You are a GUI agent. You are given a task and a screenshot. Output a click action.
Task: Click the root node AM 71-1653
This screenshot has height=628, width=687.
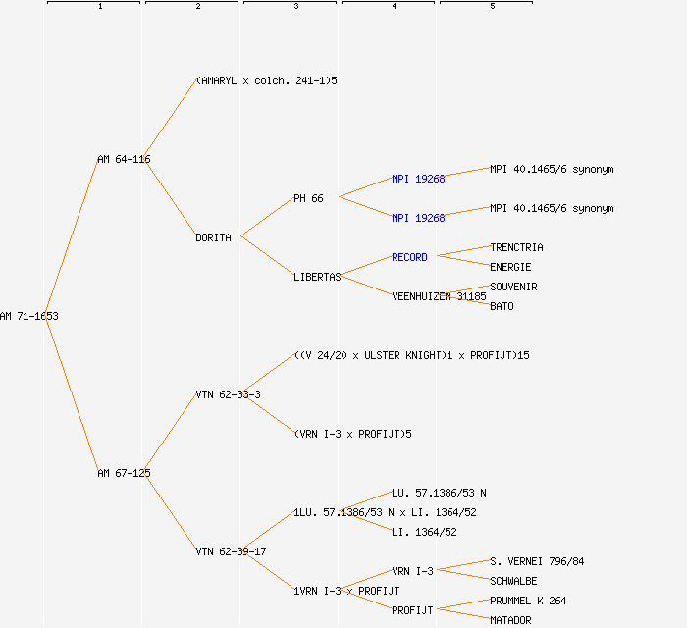tap(29, 316)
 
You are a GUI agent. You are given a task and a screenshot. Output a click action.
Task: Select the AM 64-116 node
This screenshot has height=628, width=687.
tap(124, 159)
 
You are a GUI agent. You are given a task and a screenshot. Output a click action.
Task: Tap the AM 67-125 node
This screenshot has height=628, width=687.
tap(124, 473)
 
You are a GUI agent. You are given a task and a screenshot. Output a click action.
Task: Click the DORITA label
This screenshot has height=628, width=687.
tap(213, 237)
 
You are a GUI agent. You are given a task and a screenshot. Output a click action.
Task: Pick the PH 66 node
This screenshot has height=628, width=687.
tap(308, 198)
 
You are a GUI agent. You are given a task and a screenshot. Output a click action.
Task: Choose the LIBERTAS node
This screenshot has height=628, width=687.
tap(317, 277)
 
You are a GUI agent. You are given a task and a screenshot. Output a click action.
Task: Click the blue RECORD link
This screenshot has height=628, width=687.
tap(409, 257)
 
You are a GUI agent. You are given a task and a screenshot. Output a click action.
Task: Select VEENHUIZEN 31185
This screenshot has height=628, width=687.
tap(439, 296)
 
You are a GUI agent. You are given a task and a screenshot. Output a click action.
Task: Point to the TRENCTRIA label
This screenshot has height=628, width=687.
tap(516, 247)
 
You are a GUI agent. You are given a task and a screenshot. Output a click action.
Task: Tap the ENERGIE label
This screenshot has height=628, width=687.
tap(510, 267)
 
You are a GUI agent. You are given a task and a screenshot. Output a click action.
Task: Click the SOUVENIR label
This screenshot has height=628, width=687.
tap(513, 287)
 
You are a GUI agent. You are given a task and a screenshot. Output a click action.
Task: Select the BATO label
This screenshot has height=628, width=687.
tap(502, 306)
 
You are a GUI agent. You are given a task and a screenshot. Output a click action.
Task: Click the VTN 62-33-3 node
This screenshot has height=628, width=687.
tap(228, 394)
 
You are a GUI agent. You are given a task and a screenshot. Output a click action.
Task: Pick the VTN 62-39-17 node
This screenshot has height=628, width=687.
tap(231, 551)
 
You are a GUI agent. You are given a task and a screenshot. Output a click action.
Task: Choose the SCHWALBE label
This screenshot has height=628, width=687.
tap(513, 581)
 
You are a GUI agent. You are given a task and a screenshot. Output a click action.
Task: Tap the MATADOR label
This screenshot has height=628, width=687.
tap(510, 620)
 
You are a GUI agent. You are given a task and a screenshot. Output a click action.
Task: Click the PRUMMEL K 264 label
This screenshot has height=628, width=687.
tap(528, 601)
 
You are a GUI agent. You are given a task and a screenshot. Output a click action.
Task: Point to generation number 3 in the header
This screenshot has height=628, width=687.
tap(295, 7)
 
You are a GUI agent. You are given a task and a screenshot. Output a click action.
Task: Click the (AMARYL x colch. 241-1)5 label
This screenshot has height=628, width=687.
tap(266, 80)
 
